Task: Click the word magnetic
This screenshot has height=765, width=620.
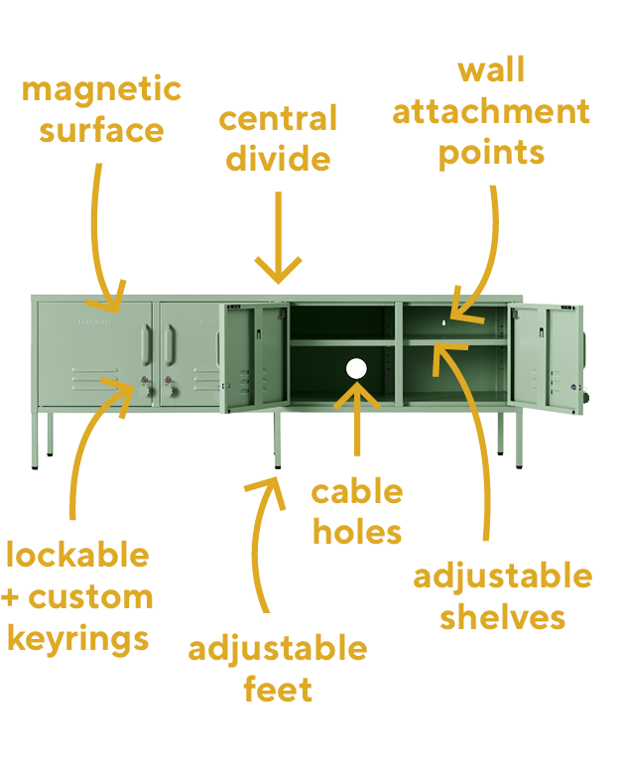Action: tap(101, 91)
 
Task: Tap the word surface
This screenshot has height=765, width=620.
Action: tap(101, 131)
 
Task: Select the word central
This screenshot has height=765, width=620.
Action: tap(278, 118)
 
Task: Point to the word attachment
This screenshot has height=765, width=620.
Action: tap(491, 112)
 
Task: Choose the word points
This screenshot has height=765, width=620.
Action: tap(491, 154)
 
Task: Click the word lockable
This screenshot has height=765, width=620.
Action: tap(77, 555)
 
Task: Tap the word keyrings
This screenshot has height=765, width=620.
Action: tap(78, 639)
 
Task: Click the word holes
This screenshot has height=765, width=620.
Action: tap(357, 531)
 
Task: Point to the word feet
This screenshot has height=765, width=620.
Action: tap(278, 689)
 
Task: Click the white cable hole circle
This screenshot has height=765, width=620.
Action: tap(356, 369)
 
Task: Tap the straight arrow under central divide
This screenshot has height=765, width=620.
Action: tap(278, 237)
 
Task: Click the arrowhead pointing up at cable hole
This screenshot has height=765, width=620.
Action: tap(357, 395)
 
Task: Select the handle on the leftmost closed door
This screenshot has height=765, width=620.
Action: tap(147, 345)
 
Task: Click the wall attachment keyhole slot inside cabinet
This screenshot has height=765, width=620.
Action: tap(443, 322)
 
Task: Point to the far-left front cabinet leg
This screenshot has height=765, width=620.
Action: tap(34, 441)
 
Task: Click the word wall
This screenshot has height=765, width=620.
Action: tap(491, 69)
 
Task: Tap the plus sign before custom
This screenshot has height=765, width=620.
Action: tap(10, 598)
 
